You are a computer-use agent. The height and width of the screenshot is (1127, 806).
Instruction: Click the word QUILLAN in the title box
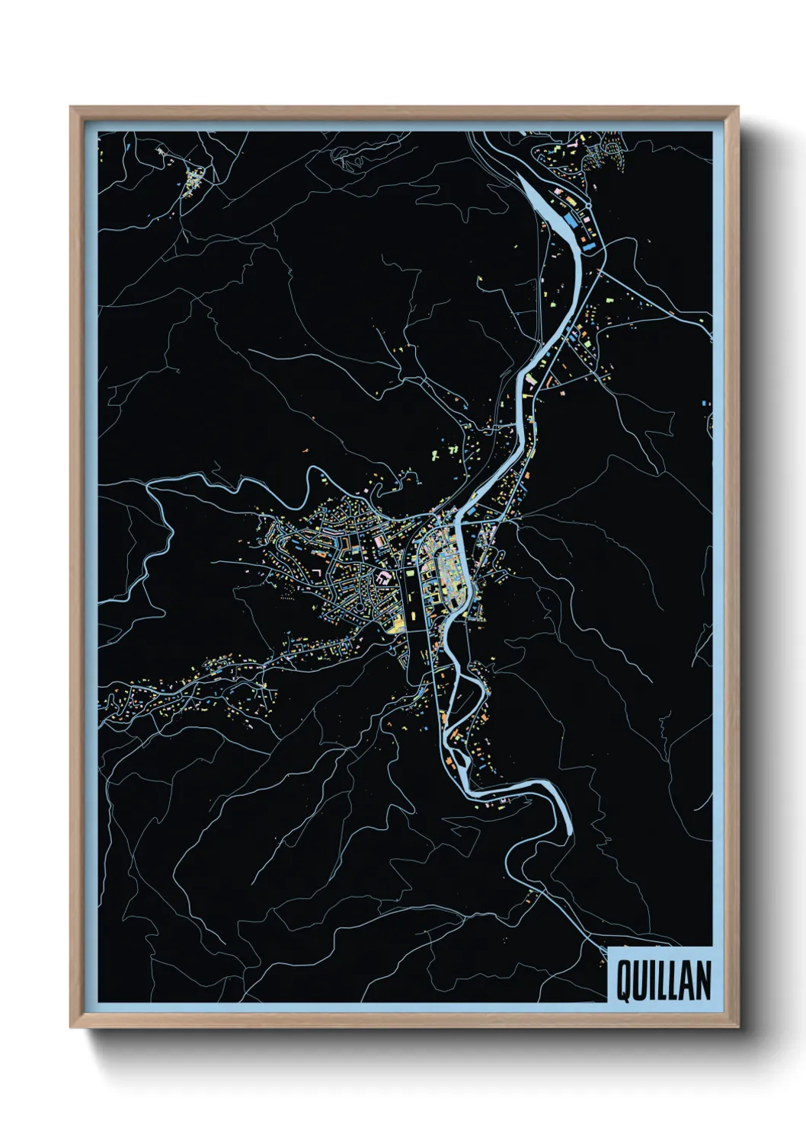(663, 981)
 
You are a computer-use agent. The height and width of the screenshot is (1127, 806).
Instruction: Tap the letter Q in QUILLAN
(622, 981)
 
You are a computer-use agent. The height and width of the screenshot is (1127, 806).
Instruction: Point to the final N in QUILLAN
(702, 981)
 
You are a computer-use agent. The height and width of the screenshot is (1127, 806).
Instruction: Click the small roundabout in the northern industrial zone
(589, 206)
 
